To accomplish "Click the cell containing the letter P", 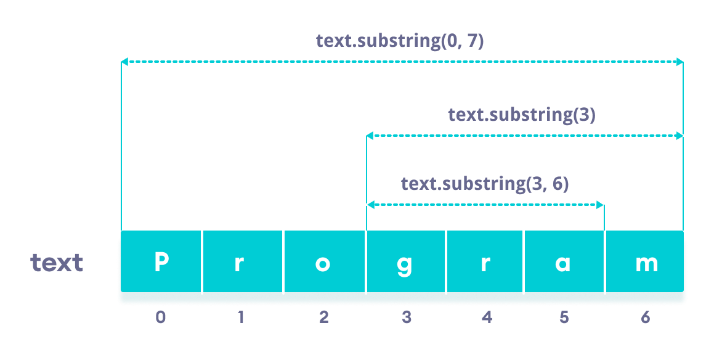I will (x=161, y=262).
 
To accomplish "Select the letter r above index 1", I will (x=240, y=263).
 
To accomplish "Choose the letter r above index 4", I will (x=485, y=263).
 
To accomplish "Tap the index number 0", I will (x=161, y=317).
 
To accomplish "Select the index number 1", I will (x=241, y=317).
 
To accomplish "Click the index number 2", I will (x=324, y=317).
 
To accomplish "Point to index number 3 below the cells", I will (x=406, y=317).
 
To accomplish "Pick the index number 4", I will (x=487, y=317).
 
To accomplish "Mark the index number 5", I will (x=565, y=317).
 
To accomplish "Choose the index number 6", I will (x=646, y=317).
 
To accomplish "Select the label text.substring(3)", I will (x=521, y=115).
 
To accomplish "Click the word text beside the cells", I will (x=57, y=263).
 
